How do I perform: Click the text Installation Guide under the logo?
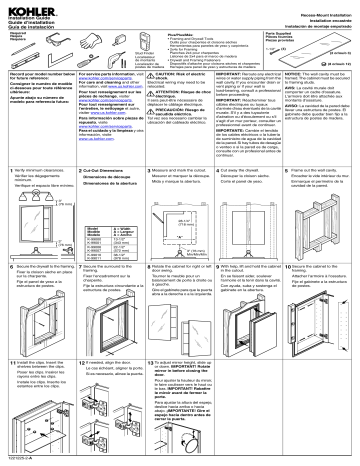[x=24, y=17]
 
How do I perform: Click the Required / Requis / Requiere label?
[x=19, y=39]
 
